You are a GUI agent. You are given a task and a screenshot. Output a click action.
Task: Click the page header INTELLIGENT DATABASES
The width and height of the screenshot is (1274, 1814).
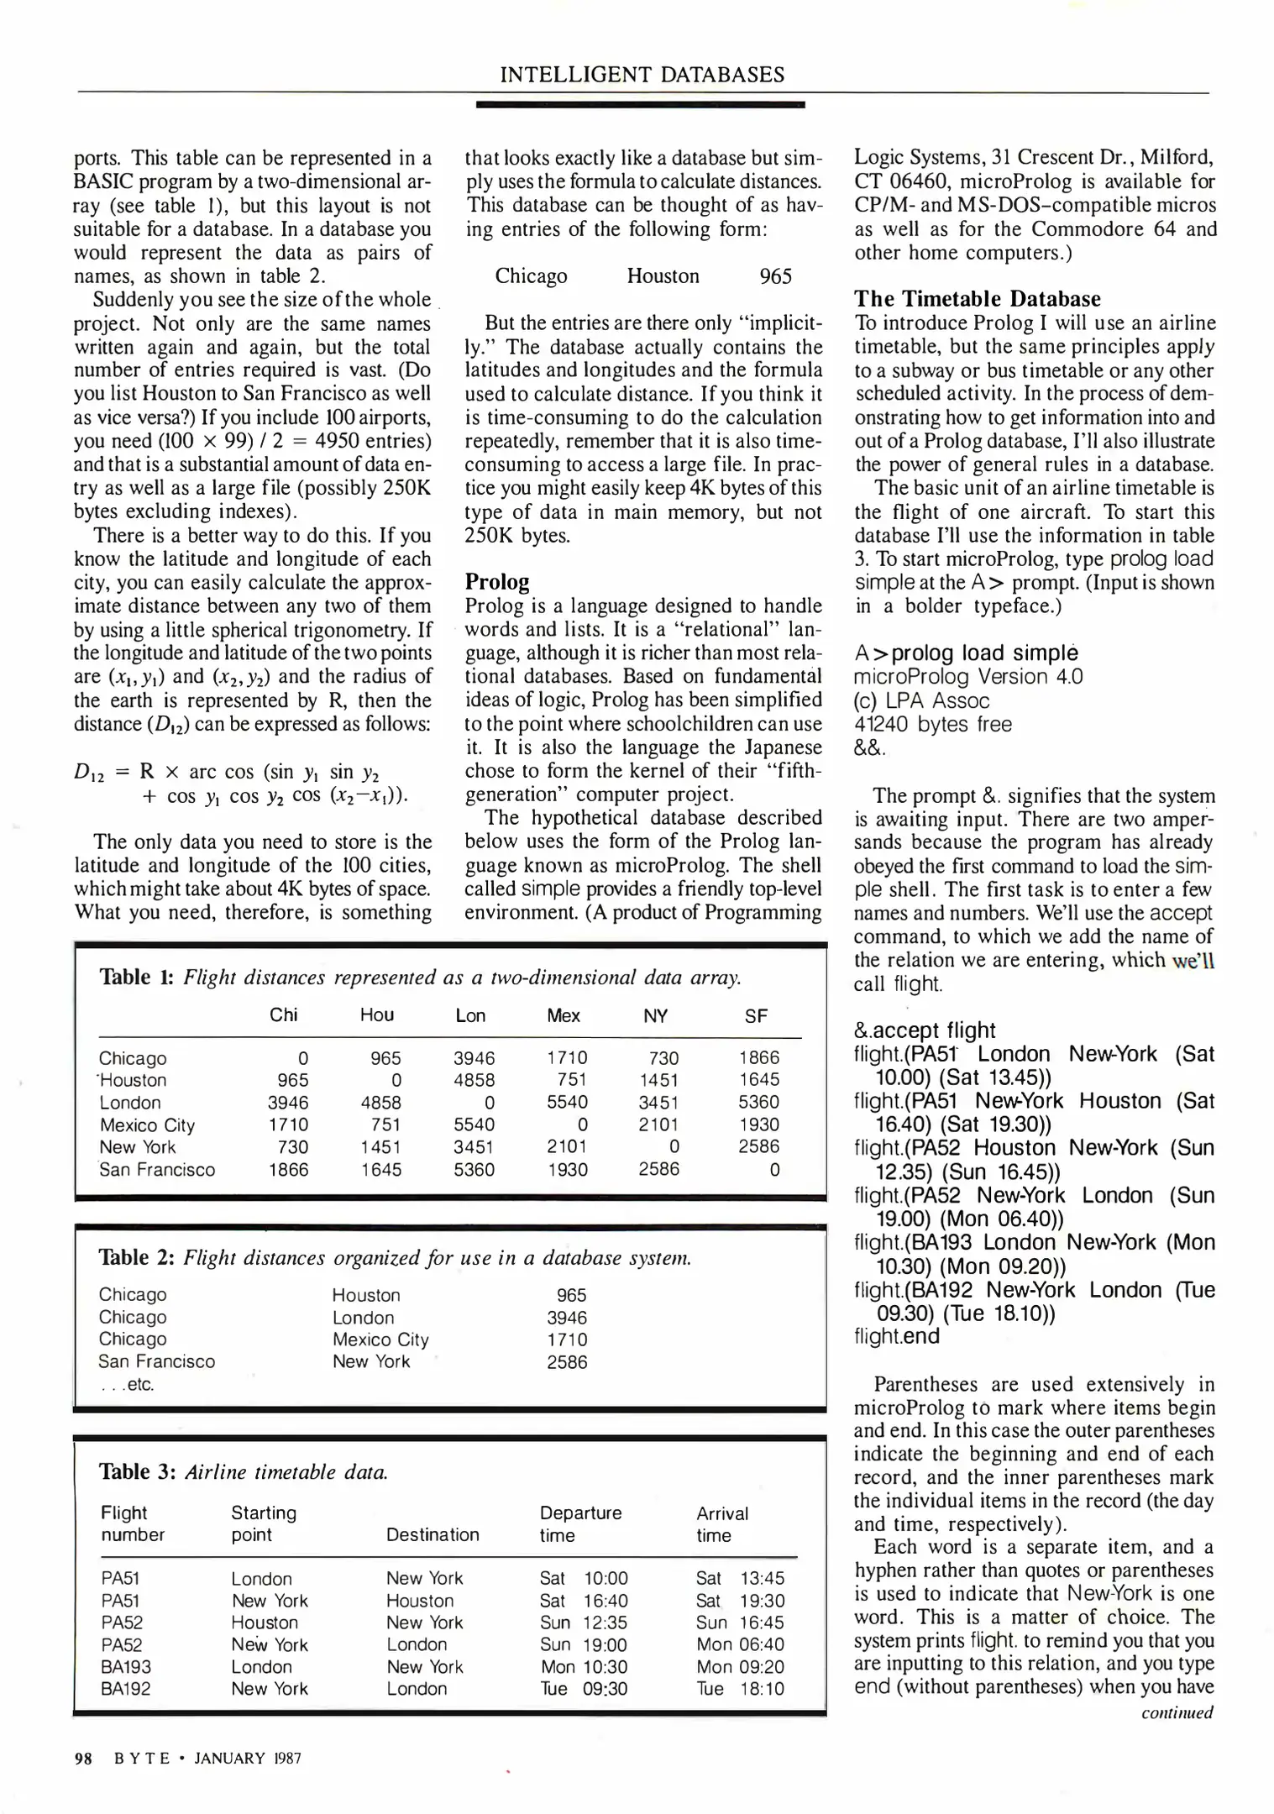642,75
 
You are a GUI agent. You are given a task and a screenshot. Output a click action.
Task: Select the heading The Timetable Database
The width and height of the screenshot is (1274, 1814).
977,299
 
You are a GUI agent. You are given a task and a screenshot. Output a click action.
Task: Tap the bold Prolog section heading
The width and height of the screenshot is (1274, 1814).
497,582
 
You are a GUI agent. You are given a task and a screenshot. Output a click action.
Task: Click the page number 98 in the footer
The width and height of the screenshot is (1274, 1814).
83,1758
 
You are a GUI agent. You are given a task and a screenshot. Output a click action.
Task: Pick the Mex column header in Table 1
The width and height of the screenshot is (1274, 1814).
563,1015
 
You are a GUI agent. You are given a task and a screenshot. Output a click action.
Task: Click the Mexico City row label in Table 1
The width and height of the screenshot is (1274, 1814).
147,1125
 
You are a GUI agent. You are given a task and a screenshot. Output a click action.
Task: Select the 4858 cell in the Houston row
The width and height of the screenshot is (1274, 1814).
474,1080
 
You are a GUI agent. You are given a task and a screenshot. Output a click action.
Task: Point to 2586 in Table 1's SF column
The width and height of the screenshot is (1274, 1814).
758,1146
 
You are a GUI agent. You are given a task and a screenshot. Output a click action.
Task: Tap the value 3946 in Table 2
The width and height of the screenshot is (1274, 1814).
567,1318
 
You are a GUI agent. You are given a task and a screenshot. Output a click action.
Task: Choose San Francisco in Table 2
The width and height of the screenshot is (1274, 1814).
156,1361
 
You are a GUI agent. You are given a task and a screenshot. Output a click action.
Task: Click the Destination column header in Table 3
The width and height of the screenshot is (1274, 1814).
433,1534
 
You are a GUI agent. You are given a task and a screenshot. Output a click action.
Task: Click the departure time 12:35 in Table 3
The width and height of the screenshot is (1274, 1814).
605,1623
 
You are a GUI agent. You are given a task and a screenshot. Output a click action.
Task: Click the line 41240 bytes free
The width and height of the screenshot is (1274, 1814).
932,724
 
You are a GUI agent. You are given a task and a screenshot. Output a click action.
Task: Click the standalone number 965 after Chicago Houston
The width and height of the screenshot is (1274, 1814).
775,276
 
